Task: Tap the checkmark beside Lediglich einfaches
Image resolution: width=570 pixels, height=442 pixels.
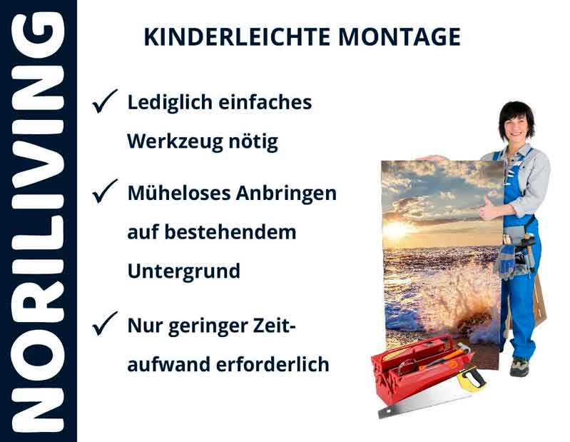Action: tap(105, 104)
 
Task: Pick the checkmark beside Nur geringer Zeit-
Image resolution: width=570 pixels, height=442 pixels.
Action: tap(105, 326)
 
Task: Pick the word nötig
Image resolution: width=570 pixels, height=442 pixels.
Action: tap(253, 141)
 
